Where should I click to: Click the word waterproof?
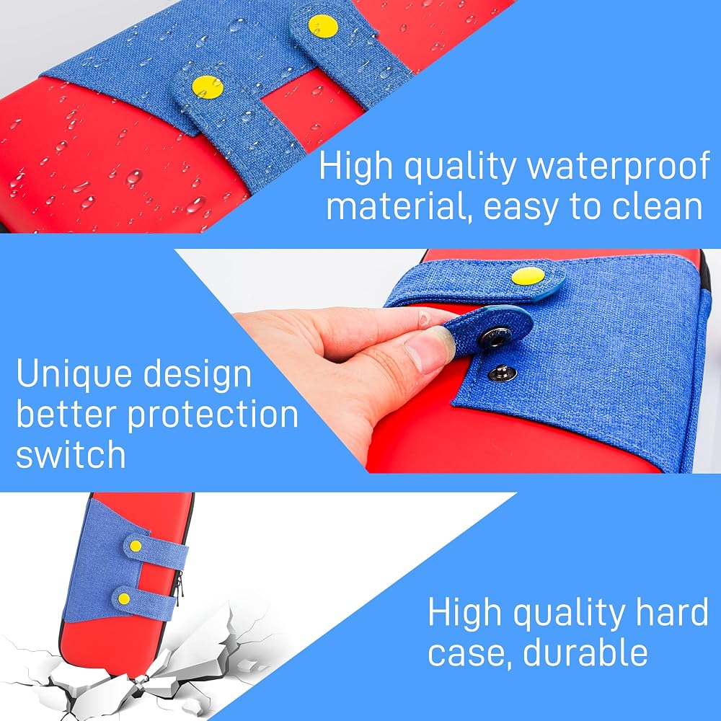pos(619,167)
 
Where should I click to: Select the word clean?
pos(657,206)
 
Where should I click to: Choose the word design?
pos(198,375)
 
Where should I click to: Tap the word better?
pos(66,414)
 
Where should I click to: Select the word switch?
pos(71,454)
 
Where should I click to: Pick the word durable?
pos(585,653)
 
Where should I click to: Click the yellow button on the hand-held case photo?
pos(528,276)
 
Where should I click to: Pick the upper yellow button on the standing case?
pos(136,546)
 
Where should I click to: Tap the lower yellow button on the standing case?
pos(124,598)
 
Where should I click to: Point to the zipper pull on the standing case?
pos(179,585)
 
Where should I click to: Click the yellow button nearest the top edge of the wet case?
pos(323,26)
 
